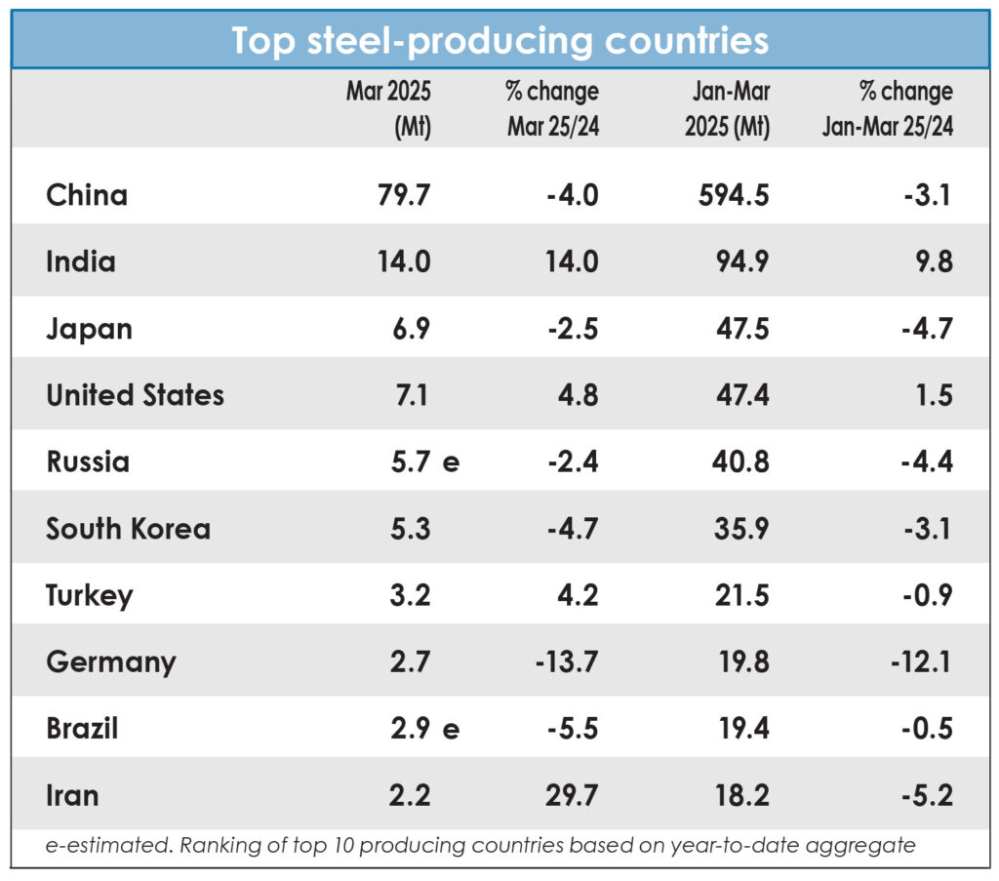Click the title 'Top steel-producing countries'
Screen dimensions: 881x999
click(x=499, y=40)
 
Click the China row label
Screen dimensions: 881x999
click(x=87, y=195)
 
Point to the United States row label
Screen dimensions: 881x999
click(x=135, y=395)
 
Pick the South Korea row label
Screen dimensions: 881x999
click(x=128, y=529)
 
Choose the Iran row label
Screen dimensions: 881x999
click(x=72, y=795)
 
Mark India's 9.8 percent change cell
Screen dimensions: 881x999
click(x=934, y=261)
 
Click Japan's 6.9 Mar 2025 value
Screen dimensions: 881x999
click(x=410, y=329)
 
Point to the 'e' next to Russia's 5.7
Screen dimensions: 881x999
click(x=451, y=462)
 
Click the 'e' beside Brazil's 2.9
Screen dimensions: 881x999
click(x=451, y=729)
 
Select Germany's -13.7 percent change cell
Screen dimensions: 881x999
click(x=567, y=662)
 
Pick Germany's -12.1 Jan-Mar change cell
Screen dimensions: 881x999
click(x=921, y=662)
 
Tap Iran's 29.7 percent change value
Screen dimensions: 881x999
click(x=573, y=795)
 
